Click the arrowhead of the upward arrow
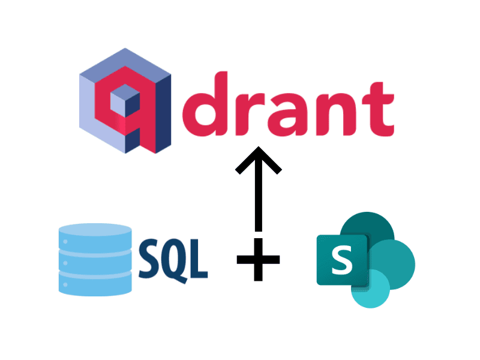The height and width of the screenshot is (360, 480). tap(258, 159)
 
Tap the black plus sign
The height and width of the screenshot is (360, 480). tap(258, 259)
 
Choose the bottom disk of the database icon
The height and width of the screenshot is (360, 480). tap(95, 282)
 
